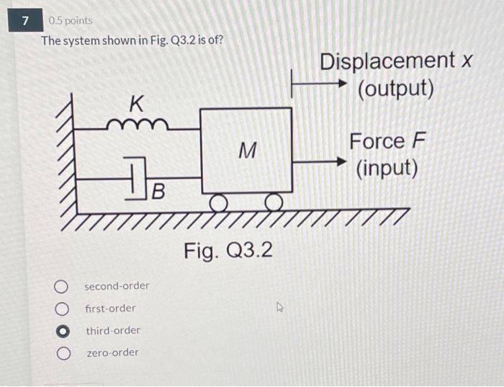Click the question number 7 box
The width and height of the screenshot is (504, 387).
pyautogui.click(x=26, y=21)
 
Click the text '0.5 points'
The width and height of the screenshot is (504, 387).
pyautogui.click(x=70, y=21)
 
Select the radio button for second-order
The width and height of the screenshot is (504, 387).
pyautogui.click(x=63, y=286)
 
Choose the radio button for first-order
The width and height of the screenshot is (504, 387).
pyautogui.click(x=63, y=308)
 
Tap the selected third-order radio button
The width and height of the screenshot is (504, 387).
pyautogui.click(x=63, y=331)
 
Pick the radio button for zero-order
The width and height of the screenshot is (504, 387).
pyautogui.click(x=63, y=353)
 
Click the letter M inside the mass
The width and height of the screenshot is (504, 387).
pyautogui.click(x=247, y=151)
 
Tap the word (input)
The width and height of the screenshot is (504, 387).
pyautogui.click(x=387, y=168)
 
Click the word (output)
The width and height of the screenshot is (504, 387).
pyautogui.click(x=396, y=89)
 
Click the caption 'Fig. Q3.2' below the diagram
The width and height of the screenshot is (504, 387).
pyautogui.click(x=228, y=252)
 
